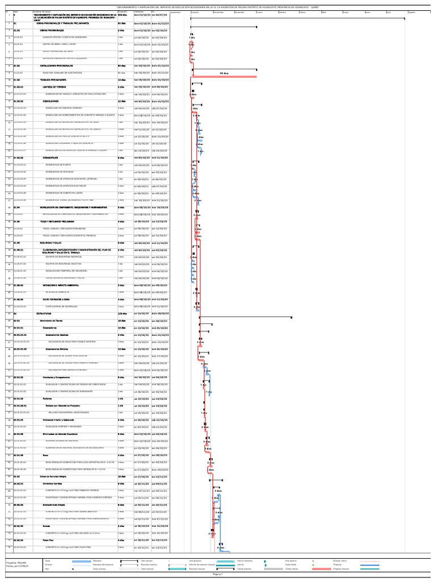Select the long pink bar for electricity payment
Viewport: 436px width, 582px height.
pos(225,77)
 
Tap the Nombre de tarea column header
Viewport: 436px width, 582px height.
pos(43,11)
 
